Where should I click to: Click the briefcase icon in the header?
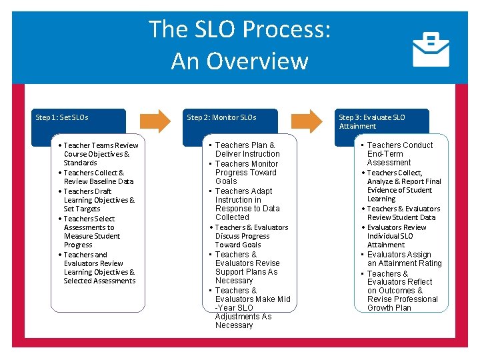[x=431, y=49]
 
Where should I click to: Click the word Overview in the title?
[x=239, y=61]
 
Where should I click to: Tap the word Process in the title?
[x=286, y=29]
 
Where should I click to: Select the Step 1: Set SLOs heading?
[x=62, y=117]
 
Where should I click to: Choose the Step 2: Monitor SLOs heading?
[x=221, y=117]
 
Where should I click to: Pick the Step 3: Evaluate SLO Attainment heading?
[x=371, y=121]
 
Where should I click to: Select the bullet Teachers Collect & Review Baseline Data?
[x=98, y=177]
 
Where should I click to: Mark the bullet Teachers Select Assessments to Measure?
[x=92, y=231]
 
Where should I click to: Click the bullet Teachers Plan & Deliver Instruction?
[x=246, y=149]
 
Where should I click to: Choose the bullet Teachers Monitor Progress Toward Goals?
[x=246, y=172]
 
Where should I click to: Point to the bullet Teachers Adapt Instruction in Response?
[x=246, y=204]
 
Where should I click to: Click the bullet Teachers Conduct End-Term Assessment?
[x=399, y=153]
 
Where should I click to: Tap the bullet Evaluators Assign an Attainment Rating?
[x=403, y=259]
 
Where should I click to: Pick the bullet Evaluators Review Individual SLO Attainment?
[x=399, y=236]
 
